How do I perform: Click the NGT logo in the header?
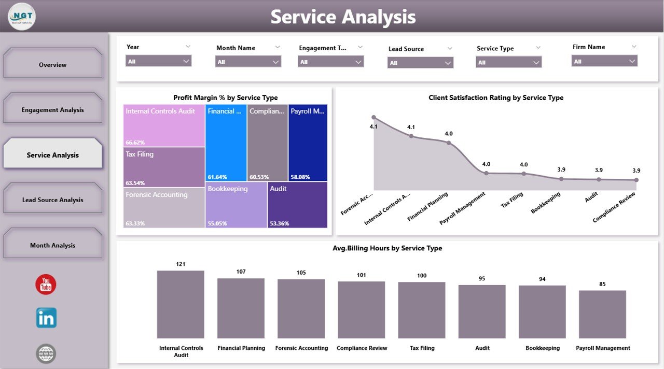[22, 17]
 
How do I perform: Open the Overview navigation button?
[52, 65]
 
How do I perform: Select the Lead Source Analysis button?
[52, 200]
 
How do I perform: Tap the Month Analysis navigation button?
[52, 245]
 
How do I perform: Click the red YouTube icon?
[46, 285]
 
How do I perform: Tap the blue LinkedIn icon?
[46, 318]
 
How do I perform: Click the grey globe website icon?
[46, 353]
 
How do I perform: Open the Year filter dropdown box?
[158, 61]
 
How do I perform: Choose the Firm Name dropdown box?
[604, 61]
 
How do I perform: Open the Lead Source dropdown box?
[420, 63]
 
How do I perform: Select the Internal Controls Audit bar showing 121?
[181, 304]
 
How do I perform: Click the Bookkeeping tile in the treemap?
[236, 205]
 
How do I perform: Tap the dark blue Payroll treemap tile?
[308, 143]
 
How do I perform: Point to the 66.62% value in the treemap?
[135, 142]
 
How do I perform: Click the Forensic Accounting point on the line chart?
[374, 118]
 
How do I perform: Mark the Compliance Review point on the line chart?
[637, 180]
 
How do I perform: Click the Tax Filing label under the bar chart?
[422, 348]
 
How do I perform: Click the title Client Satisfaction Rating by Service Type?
[496, 97]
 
